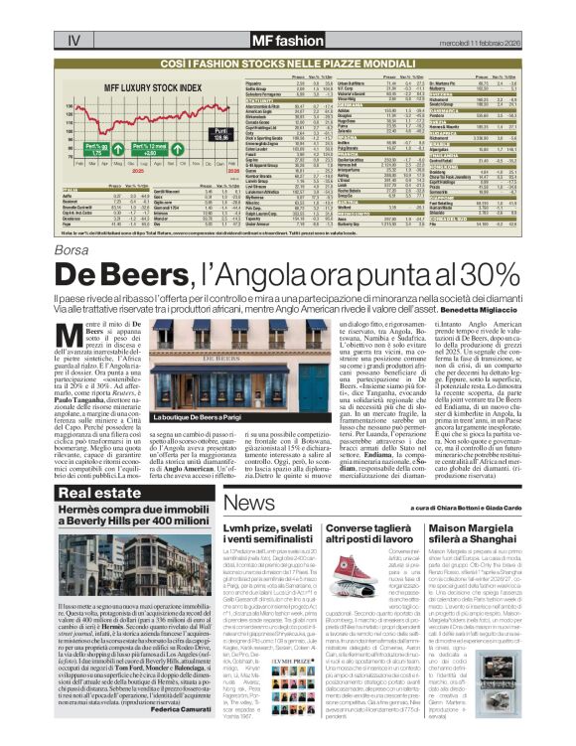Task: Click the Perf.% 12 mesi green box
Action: pyautogui.click(x=138, y=151)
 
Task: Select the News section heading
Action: pyautogui.click(x=244, y=501)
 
